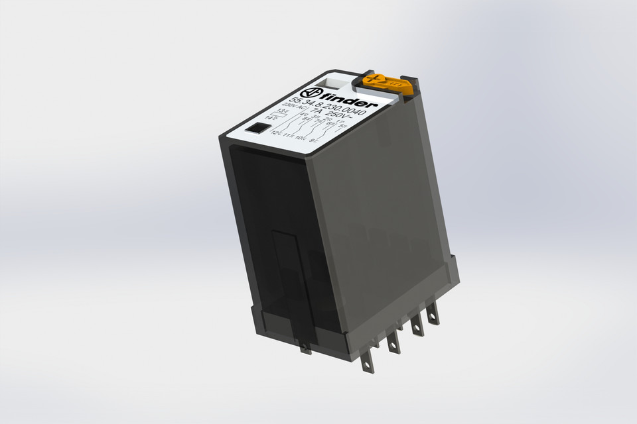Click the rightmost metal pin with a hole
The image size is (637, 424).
(x=433, y=312)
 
